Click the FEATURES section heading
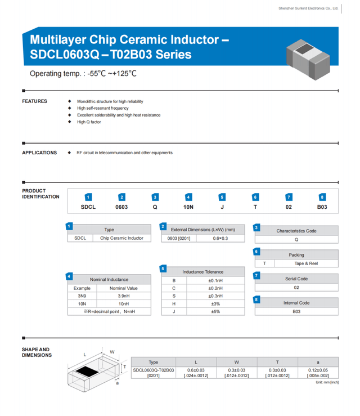click(34, 101)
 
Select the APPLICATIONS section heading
click(39, 153)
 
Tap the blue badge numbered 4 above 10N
click(188, 197)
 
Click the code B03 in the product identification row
click(322, 207)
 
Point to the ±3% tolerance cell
click(215, 303)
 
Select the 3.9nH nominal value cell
click(123, 296)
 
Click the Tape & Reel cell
click(306, 263)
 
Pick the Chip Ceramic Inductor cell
click(121, 238)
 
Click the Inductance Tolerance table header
click(202, 272)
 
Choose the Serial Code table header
click(296, 279)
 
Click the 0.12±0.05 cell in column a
click(318, 370)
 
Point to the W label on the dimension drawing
click(112, 352)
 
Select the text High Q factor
click(89, 122)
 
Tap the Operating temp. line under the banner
click(83, 74)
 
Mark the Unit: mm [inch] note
click(327, 383)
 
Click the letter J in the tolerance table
click(174, 311)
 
